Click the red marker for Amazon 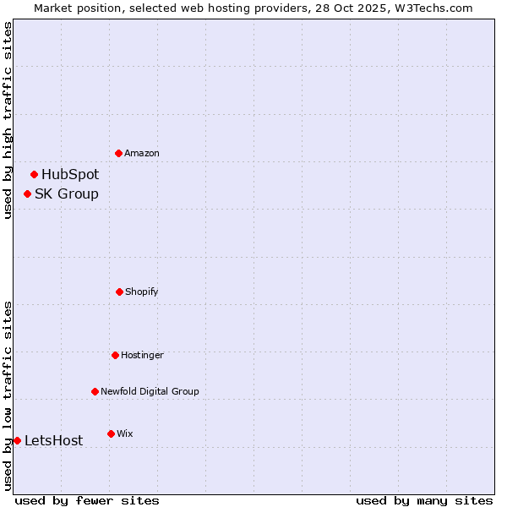[118, 153]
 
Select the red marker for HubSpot [34, 175]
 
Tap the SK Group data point [27, 194]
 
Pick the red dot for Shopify [119, 292]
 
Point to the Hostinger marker [115, 355]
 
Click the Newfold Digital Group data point [95, 391]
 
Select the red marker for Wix [111, 433]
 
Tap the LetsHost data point [17, 440]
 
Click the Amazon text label [142, 153]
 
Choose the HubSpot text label [70, 175]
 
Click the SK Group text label [67, 194]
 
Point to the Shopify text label [142, 292]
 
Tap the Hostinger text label [142, 355]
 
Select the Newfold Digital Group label [150, 391]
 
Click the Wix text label [125, 433]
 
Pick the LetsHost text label [54, 440]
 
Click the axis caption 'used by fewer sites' [87, 500]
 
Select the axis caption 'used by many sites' [424, 500]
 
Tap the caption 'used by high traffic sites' [8, 120]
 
